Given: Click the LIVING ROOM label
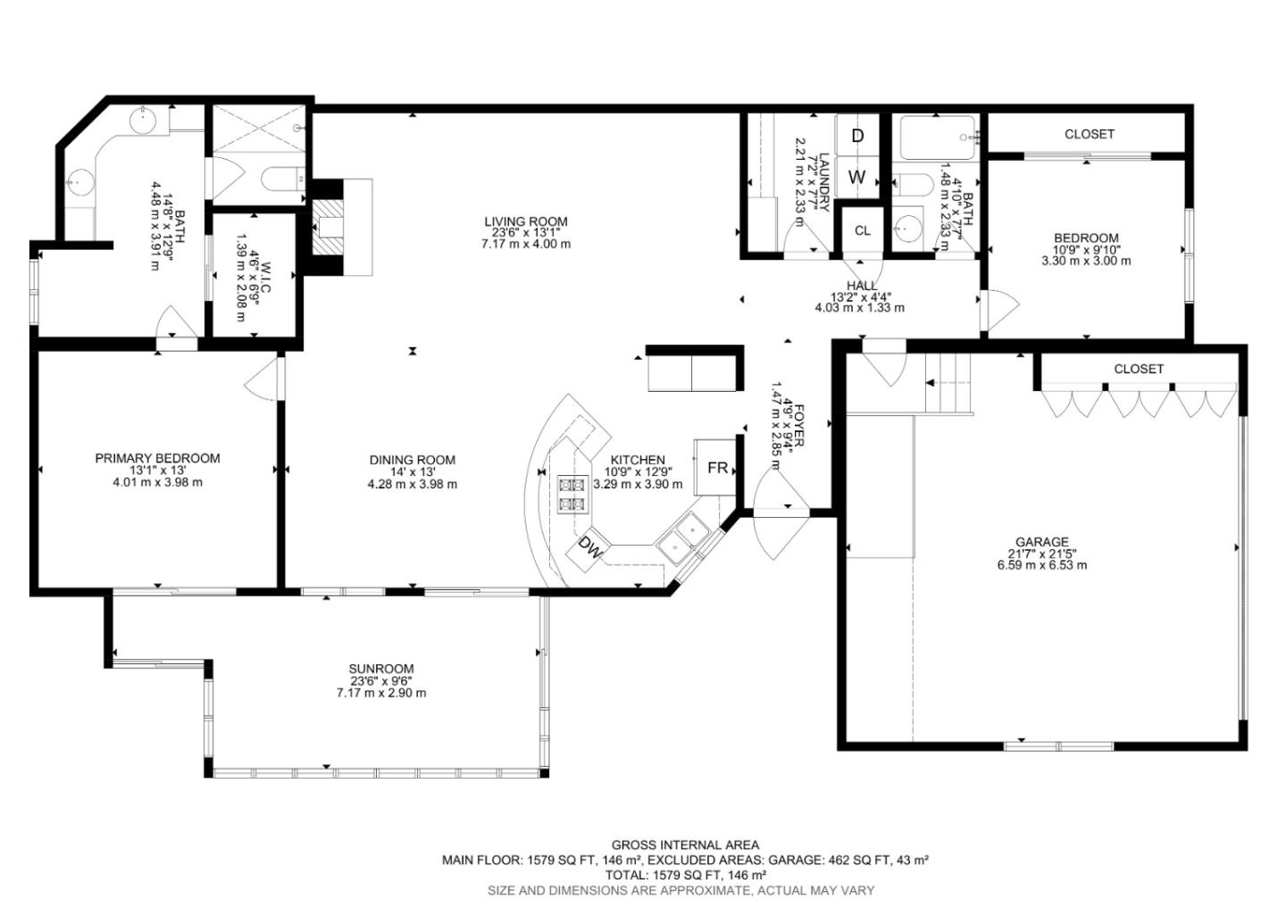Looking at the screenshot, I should (x=525, y=222).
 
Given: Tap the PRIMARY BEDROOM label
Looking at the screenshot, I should (x=157, y=458).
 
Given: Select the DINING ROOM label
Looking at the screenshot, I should (x=412, y=460).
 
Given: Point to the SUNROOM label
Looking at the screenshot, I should (x=380, y=669).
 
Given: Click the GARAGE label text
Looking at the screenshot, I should (x=1041, y=542).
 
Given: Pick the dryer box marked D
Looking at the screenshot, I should (x=857, y=136).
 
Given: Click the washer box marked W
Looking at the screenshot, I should (x=857, y=177).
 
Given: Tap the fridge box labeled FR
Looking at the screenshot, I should (x=717, y=468).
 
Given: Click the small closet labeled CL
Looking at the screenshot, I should (x=862, y=230).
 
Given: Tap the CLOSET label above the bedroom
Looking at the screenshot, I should (x=1089, y=134).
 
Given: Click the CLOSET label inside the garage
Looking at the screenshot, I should (x=1139, y=369).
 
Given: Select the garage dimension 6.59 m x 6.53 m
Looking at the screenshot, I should (x=1041, y=565).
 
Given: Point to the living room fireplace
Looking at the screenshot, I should (x=328, y=228).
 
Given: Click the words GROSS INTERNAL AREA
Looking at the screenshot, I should (x=685, y=845).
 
